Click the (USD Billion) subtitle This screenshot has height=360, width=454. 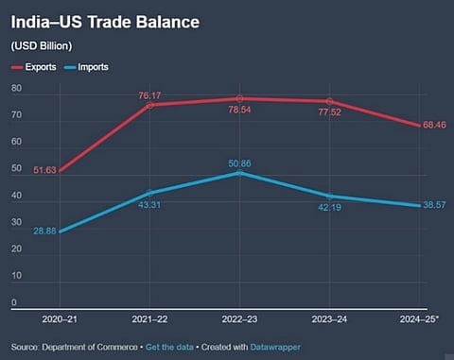point(43,45)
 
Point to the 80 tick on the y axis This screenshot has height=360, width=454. point(16,88)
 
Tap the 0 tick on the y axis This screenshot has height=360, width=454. point(13,302)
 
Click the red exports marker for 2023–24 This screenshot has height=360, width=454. point(329,101)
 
